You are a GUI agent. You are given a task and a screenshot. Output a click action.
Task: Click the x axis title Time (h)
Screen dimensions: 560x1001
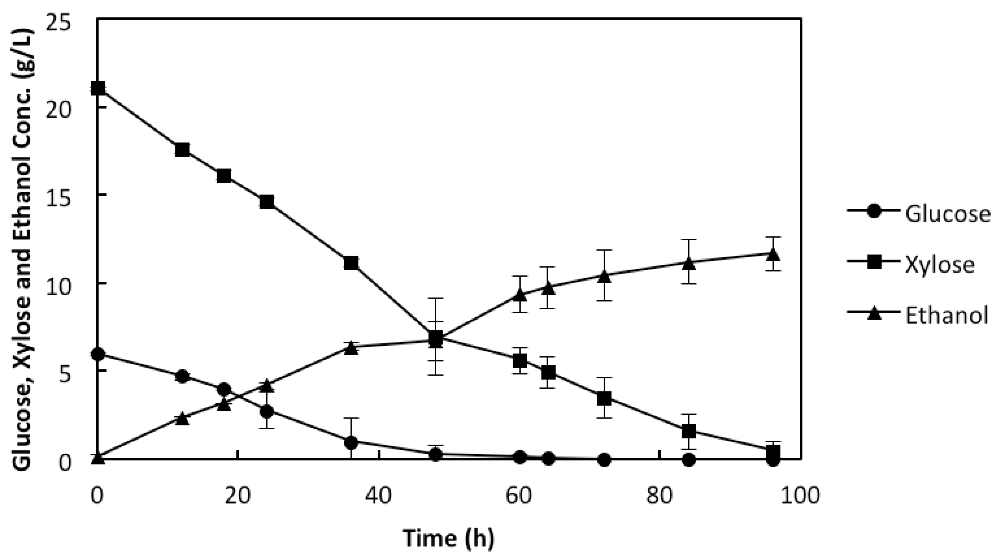click(449, 539)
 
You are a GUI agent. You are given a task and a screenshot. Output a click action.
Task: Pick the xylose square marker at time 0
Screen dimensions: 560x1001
click(98, 88)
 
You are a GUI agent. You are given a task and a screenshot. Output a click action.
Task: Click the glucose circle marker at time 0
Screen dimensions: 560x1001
click(98, 354)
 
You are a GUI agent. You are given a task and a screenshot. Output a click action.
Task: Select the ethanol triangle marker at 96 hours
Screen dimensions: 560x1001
click(773, 255)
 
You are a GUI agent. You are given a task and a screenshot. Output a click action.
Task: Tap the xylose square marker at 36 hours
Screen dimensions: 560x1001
click(351, 263)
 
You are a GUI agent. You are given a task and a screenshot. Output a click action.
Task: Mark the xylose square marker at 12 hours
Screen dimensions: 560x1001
click(182, 149)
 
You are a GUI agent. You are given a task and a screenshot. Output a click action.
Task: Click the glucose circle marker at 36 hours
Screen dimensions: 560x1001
click(351, 442)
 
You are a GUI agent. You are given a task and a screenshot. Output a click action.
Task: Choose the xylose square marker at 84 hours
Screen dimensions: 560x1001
click(689, 430)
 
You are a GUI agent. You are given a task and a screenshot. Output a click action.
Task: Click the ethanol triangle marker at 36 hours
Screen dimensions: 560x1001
click(351, 348)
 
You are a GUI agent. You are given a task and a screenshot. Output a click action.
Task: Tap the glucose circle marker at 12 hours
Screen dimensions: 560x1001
click(182, 376)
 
